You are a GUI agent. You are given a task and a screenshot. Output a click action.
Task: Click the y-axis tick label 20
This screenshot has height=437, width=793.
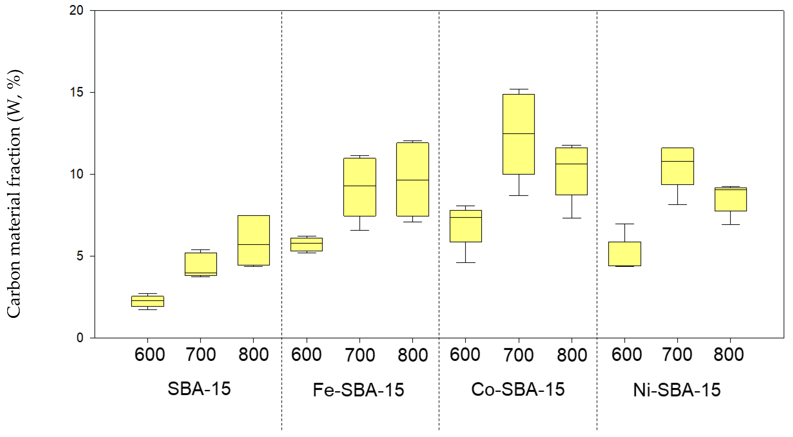(76, 11)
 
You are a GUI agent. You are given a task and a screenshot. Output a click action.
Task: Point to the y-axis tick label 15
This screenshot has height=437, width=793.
(76, 92)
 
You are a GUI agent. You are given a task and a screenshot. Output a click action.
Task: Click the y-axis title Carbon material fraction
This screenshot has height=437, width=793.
(14, 194)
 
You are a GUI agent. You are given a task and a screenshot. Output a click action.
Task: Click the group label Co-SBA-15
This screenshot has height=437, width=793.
(518, 389)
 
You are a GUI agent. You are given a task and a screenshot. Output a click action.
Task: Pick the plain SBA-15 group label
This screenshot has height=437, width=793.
(199, 389)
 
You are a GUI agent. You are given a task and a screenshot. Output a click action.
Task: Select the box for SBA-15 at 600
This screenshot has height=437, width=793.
(147, 301)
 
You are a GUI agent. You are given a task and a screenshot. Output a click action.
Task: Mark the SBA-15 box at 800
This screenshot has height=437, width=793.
(253, 240)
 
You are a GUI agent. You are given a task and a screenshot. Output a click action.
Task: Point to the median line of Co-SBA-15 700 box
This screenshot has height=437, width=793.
(518, 134)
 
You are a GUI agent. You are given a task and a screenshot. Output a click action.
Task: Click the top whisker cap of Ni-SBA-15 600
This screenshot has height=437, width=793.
(625, 224)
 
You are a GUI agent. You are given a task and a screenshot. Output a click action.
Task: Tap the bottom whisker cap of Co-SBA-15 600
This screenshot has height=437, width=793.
(465, 263)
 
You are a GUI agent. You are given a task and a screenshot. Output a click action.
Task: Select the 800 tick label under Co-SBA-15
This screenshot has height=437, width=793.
(572, 355)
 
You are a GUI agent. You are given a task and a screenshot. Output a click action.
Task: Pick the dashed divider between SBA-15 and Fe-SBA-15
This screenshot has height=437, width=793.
(282, 216)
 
